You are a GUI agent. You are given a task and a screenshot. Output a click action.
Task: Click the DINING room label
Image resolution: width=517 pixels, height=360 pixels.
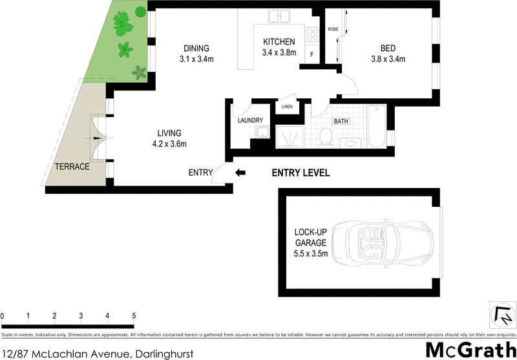(x=196, y=48)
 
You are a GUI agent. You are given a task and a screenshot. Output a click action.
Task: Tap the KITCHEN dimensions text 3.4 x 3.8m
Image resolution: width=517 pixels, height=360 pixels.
(x=279, y=53)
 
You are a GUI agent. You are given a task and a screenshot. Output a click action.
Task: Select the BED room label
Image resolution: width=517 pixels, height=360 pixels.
(x=388, y=48)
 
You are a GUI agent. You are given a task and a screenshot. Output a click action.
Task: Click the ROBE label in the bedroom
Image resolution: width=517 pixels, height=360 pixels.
(x=333, y=30)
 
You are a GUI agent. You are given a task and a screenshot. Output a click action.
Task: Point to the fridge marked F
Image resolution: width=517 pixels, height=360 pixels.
(x=312, y=55)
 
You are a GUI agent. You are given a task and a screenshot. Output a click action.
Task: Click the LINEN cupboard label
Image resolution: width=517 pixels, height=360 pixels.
(x=287, y=107)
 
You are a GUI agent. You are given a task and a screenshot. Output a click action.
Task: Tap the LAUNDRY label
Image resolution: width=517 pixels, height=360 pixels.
(x=250, y=120)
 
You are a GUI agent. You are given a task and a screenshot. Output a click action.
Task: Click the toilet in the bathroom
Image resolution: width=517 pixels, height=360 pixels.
(x=326, y=136)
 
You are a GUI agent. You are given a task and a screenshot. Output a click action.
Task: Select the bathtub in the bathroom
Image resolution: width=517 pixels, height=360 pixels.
(x=377, y=126)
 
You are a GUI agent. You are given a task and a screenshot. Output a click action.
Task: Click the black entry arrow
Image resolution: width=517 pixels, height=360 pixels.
(x=240, y=173)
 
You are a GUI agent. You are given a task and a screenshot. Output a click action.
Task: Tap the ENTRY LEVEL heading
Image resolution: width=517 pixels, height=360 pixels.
(x=301, y=173)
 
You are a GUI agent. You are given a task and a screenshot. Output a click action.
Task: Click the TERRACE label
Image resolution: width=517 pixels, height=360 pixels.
(x=71, y=166)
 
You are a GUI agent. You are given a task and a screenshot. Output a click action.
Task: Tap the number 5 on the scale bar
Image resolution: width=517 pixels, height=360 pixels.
(x=134, y=315)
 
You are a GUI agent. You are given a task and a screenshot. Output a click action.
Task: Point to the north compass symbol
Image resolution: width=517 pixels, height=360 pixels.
(x=501, y=315)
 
